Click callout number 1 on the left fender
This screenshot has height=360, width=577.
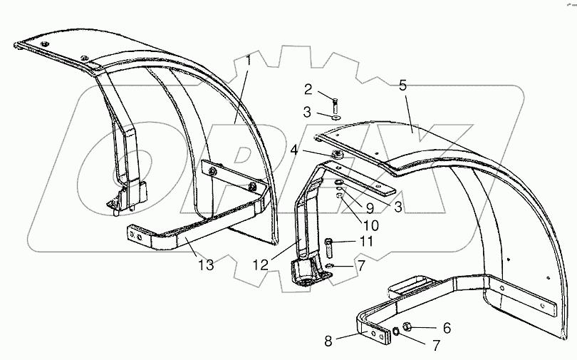(249, 62)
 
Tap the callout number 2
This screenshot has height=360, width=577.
(308, 89)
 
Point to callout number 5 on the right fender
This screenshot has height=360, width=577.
(402, 86)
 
